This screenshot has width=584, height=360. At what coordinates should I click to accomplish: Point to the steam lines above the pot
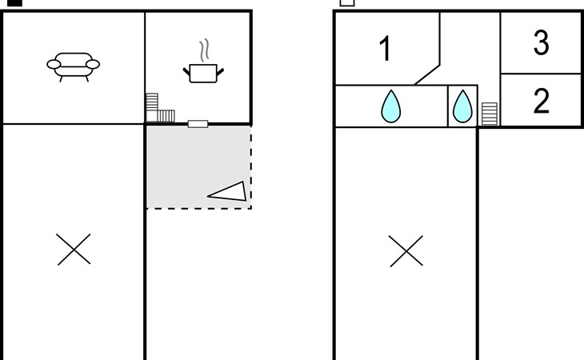[204, 50]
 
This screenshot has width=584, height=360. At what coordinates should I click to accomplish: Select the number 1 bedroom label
[385, 48]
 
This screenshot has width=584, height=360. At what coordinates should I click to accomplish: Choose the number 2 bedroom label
[541, 101]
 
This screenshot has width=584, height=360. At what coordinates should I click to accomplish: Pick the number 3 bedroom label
[541, 42]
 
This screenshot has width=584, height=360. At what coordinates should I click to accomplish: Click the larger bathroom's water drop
[390, 106]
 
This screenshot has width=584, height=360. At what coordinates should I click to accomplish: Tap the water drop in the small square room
[462, 106]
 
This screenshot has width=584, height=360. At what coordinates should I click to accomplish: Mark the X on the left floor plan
[74, 250]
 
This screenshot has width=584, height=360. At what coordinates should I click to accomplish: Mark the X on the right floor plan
[406, 251]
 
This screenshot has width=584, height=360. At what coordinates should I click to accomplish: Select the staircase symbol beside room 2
[490, 114]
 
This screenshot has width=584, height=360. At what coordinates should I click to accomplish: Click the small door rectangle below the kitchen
[198, 124]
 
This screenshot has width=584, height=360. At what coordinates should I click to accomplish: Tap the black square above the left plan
[14, 2]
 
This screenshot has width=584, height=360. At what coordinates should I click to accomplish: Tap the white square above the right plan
[347, 2]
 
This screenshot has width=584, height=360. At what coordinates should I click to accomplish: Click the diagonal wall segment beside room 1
[427, 75]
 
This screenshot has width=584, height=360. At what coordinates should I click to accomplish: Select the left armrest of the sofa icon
[54, 65]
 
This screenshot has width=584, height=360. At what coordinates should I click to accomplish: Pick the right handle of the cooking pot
[220, 71]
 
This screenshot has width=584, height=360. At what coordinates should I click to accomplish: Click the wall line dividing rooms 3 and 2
[542, 74]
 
